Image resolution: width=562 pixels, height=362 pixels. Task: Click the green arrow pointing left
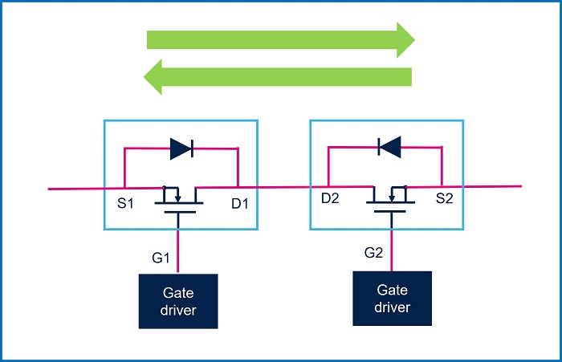(x=278, y=77)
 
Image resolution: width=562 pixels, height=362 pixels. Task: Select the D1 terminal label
(x=240, y=205)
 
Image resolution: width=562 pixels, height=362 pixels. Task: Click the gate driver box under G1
(x=178, y=301)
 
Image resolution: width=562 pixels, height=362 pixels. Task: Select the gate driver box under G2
(x=392, y=298)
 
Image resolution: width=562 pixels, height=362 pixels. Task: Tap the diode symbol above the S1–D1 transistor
(x=181, y=148)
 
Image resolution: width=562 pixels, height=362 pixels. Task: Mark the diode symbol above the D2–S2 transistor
(x=389, y=146)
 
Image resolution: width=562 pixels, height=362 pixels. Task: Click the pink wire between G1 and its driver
(x=178, y=253)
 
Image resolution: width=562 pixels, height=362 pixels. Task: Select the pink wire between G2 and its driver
(x=392, y=249)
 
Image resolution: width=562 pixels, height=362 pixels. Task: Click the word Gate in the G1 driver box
(x=178, y=292)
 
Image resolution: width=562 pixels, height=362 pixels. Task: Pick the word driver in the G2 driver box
(x=392, y=307)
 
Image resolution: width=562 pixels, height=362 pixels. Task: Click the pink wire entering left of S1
(x=76, y=189)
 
